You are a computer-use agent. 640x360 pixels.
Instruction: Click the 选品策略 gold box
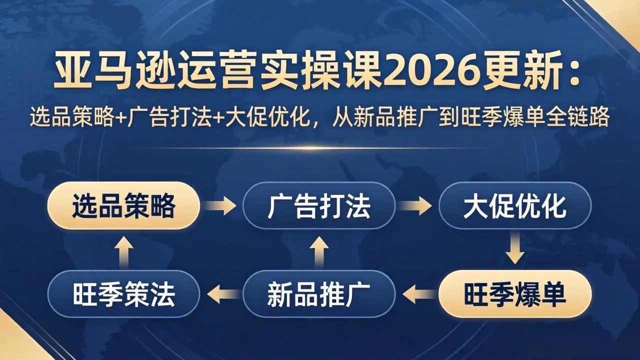123,206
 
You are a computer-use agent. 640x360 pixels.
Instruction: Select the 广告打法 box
319,206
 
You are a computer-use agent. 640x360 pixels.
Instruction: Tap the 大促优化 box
514,206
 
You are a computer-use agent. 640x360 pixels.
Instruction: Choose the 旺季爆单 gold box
514,294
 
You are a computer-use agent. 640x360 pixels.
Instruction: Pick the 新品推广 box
319,294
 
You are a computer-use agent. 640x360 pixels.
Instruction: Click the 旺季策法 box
123,294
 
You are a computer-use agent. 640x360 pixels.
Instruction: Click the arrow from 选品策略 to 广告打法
221,206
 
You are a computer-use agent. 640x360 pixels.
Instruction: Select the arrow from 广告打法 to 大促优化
416,206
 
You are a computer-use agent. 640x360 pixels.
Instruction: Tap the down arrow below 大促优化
514,250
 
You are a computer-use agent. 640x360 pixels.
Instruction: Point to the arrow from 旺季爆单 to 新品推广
416,294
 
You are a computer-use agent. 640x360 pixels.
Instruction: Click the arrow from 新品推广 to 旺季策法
221,294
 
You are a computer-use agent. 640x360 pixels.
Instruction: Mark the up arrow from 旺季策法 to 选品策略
123,250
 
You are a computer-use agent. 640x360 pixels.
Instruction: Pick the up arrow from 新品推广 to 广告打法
319,250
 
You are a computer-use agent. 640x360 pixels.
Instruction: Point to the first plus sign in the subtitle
123,119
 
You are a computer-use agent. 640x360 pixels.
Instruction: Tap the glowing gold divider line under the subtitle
320,148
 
